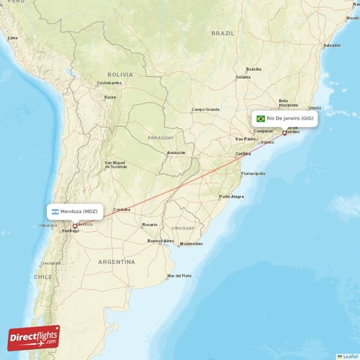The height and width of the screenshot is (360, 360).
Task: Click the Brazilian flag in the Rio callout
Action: pyautogui.click(x=261, y=118)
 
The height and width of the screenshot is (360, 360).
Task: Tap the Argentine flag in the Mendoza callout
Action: pyautogui.click(x=55, y=212)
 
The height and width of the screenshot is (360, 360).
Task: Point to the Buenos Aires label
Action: pyautogui.click(x=161, y=240)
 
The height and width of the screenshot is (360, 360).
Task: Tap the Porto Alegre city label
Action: pyautogui.click(x=232, y=197)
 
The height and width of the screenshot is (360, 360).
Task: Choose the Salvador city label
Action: pyautogui.click(x=332, y=45)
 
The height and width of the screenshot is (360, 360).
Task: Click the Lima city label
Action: pyautogui.click(x=12, y=37)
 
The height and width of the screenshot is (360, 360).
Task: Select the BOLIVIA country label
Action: pyautogui.click(x=120, y=74)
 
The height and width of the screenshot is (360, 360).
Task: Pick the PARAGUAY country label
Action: pyautogui.click(x=161, y=137)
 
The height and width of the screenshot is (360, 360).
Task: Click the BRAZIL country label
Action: pyautogui.click(x=223, y=33)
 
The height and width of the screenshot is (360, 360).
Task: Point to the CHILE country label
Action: pyautogui.click(x=43, y=276)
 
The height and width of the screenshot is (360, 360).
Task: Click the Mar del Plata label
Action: pyautogui.click(x=179, y=276)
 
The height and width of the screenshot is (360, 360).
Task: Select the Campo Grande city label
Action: pyautogui.click(x=204, y=109)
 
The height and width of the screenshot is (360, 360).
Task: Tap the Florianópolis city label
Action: pyautogui.click(x=253, y=174)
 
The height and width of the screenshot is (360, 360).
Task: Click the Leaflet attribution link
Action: pyautogui.click(x=349, y=356)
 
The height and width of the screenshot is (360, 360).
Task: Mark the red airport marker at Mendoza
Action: pyautogui.click(x=75, y=226)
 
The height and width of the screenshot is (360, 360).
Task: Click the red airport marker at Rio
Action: pyautogui.click(x=284, y=132)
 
